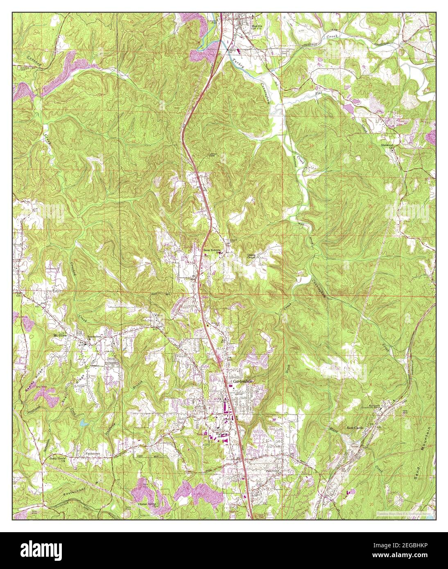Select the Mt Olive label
60,335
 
